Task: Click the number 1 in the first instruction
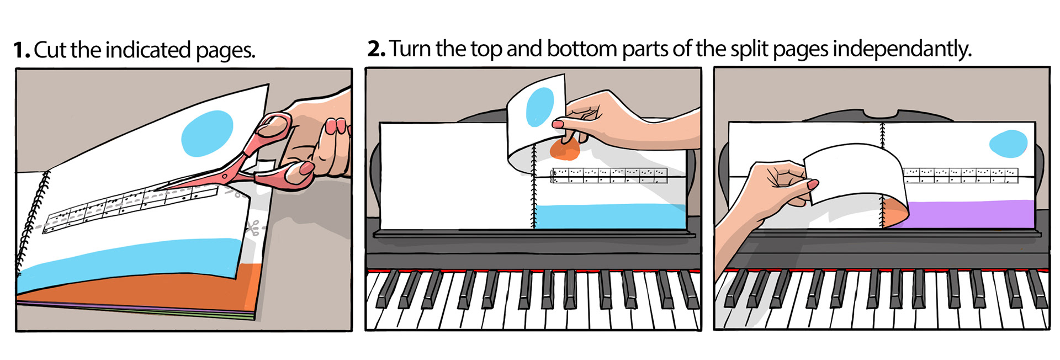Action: pos(20,50)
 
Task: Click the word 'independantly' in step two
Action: pos(902,50)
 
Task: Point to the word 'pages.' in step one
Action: pos(225,51)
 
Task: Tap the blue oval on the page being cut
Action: pos(207,134)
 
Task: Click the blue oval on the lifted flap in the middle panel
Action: pos(540,108)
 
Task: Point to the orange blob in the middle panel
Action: pos(564,149)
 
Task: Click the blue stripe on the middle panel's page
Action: pos(611,216)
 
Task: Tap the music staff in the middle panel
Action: pos(609,176)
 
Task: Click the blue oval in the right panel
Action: pos(1008,144)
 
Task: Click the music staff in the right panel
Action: pos(960,175)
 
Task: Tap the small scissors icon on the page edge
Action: pos(253,227)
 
